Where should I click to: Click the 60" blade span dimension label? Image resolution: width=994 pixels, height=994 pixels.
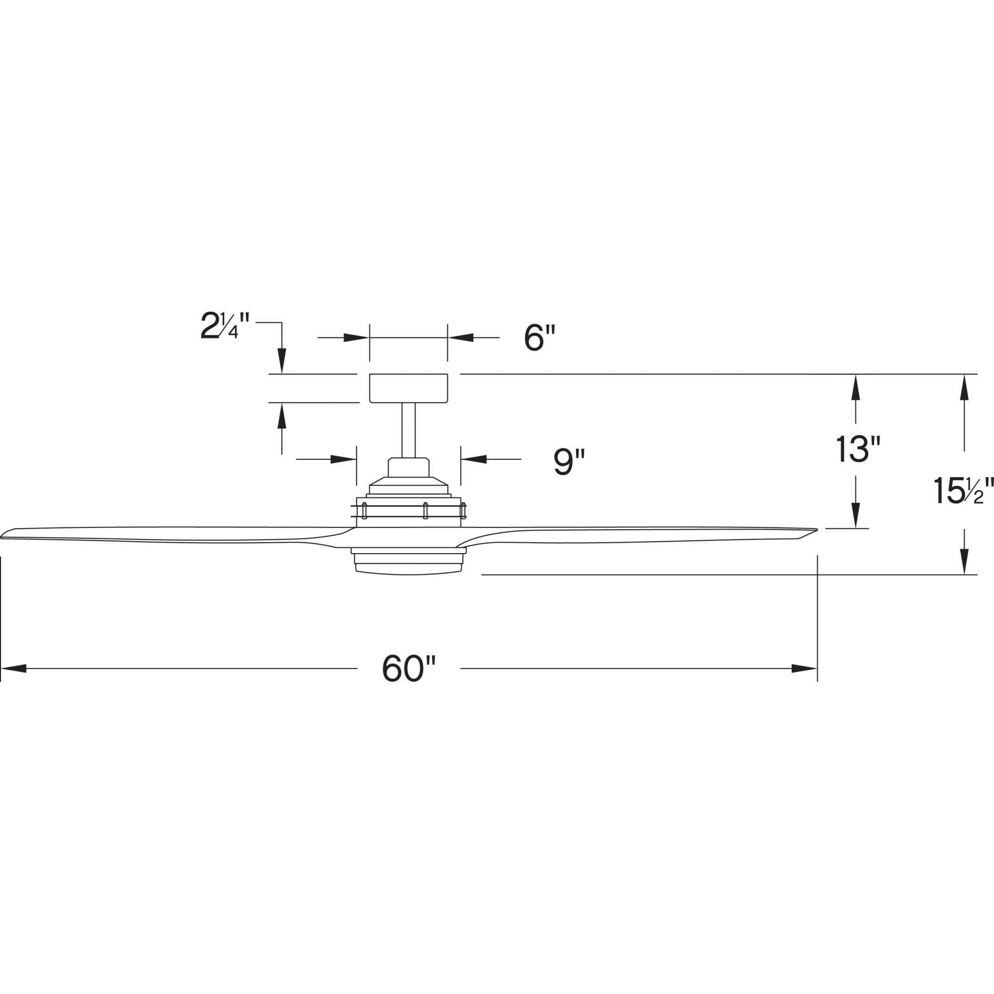[x=409, y=668]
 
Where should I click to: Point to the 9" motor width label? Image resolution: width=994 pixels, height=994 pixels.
[x=569, y=462]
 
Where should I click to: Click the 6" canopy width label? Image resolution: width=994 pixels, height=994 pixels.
[x=540, y=338]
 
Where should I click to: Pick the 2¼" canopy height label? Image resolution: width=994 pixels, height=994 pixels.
[x=225, y=326]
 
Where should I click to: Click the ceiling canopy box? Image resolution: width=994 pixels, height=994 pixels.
[x=409, y=389]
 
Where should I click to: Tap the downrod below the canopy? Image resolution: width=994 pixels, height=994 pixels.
[x=409, y=429]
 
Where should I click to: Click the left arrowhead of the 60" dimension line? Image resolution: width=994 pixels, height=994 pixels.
[x=13, y=669]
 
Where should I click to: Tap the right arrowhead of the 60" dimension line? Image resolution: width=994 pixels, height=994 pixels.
[x=804, y=669]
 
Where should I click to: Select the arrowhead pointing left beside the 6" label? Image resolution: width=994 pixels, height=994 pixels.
[x=461, y=337]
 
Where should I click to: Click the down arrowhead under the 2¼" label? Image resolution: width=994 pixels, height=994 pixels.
[x=281, y=360]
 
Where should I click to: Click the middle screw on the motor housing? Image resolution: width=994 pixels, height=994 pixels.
[x=425, y=511]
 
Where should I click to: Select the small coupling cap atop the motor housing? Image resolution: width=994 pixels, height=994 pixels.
[x=409, y=467]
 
